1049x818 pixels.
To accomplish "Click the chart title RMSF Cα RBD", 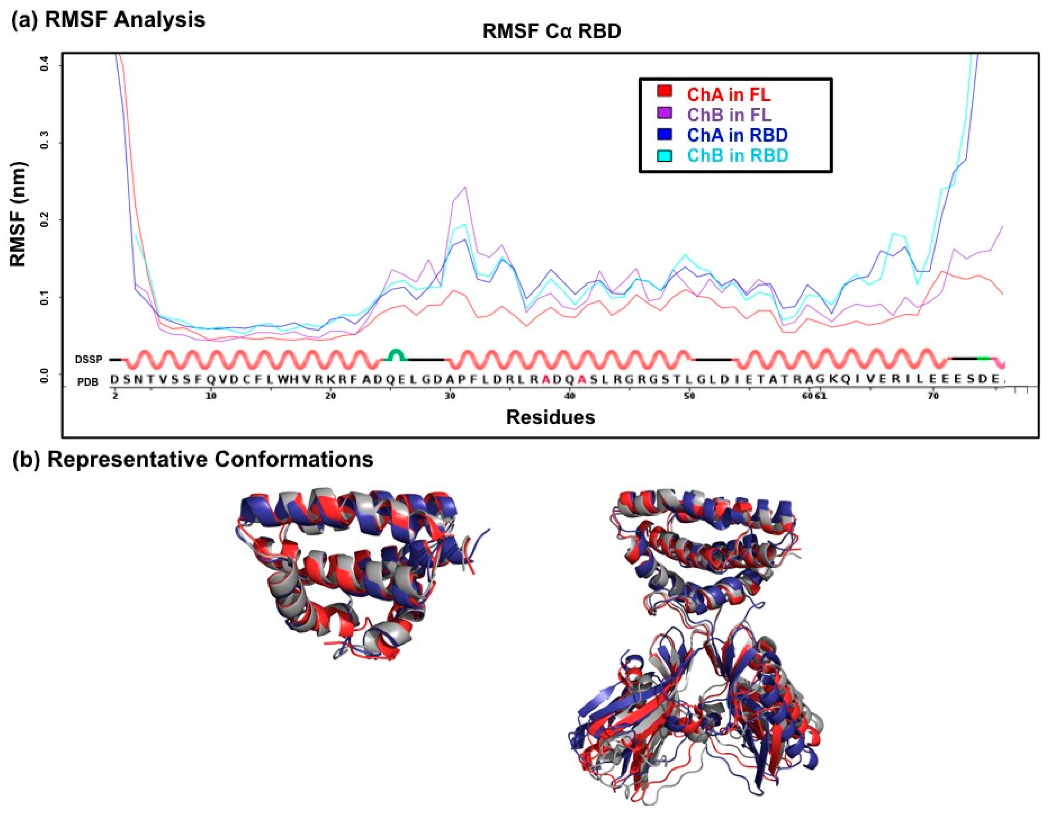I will (x=551, y=32).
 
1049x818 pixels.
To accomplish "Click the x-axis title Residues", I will (x=551, y=417).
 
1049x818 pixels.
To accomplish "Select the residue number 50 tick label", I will (x=689, y=396).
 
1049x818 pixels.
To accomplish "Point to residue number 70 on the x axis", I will (x=933, y=396).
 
